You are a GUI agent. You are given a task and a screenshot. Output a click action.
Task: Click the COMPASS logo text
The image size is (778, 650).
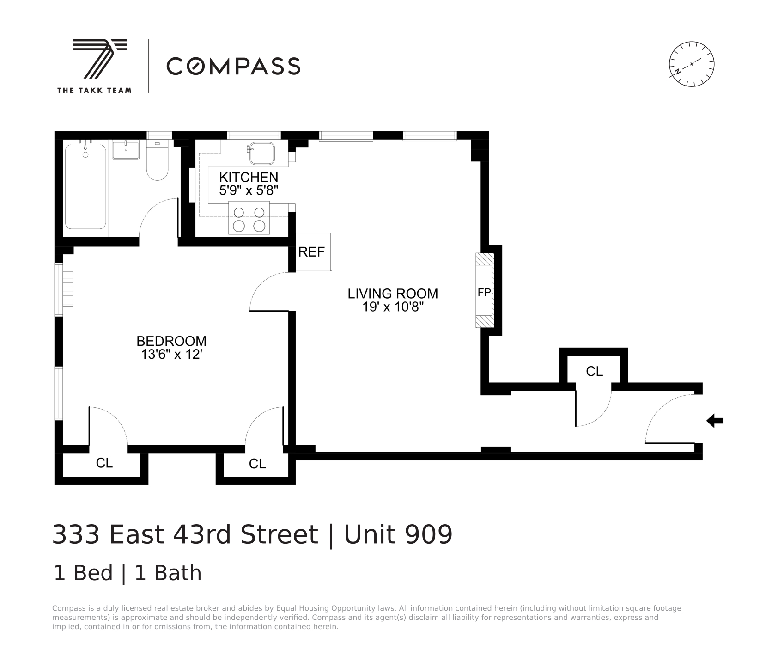[x=233, y=66]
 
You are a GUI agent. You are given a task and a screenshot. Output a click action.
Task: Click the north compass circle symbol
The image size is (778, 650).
[x=692, y=64]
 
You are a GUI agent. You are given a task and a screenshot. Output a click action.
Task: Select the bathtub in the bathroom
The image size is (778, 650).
[x=85, y=187]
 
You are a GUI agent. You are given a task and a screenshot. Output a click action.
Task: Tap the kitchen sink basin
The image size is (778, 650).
[x=262, y=153]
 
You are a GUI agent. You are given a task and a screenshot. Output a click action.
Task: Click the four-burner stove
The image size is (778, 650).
[x=249, y=218]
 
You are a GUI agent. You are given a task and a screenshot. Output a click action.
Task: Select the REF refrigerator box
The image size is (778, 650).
[x=312, y=252]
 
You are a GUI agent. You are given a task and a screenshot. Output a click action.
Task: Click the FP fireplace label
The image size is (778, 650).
[x=484, y=293]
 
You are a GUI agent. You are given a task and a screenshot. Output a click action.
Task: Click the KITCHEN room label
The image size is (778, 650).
[x=249, y=177]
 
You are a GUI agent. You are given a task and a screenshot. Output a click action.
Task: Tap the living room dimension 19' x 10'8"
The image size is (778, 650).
[x=393, y=307]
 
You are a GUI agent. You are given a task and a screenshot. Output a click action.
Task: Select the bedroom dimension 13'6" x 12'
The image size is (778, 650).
[x=171, y=354]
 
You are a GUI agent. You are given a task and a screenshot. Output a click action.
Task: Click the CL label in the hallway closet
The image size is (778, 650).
[x=594, y=371]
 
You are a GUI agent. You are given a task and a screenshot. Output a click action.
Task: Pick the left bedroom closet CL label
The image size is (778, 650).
[x=104, y=463]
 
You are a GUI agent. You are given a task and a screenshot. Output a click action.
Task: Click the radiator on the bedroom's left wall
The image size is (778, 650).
[x=68, y=289]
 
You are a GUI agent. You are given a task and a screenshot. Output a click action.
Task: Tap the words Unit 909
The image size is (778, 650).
[x=398, y=534]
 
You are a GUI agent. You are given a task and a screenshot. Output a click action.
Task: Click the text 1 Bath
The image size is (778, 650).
[x=168, y=573]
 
